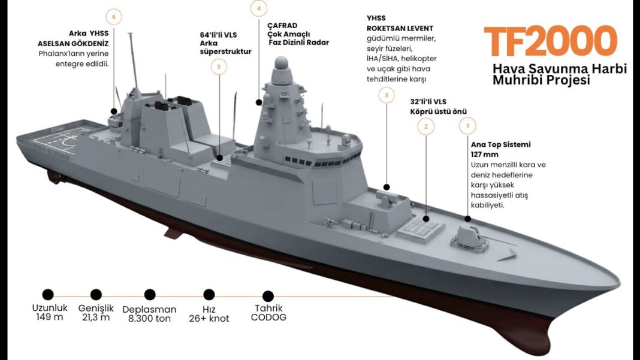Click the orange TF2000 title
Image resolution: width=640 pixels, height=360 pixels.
click(550, 41)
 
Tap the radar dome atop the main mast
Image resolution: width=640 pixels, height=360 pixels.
click(281, 63)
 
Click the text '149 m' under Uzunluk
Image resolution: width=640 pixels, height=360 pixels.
click(49, 317)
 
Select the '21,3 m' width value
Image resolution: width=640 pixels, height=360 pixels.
click(96, 317)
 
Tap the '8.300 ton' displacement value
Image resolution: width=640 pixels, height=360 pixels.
click(149, 319)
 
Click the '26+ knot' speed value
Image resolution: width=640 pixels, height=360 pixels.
click(209, 319)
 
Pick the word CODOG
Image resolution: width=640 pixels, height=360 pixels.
click(268, 317)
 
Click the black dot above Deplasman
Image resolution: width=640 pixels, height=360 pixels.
click(150, 294)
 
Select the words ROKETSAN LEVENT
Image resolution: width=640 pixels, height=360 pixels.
click(400, 29)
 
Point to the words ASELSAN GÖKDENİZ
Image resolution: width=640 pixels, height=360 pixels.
click(73, 43)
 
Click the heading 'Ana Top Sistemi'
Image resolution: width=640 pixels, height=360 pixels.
click(501, 144)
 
